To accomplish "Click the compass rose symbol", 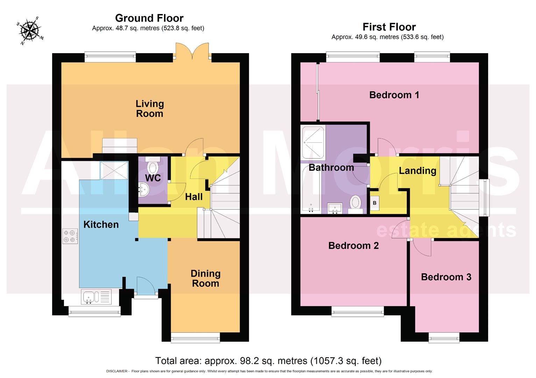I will (30, 30).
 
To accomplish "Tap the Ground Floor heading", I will (149, 18).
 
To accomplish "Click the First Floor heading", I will (389, 27).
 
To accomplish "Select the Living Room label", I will (149, 108).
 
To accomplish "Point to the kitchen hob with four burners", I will (70, 236).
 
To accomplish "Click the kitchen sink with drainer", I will (96, 297).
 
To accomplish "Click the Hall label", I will (193, 197).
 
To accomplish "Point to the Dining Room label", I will (205, 279).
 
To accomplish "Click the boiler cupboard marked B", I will (375, 203).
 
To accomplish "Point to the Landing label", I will (417, 170).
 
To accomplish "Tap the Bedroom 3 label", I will (446, 277).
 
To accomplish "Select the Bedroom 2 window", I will (358, 311).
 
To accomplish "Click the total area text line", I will (268, 360).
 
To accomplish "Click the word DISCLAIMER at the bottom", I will (117, 371).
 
